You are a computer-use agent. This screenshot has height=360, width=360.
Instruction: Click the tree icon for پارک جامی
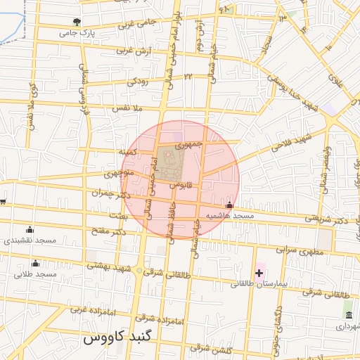(x=77, y=22)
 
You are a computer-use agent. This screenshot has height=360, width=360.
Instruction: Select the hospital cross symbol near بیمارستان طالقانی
(x=259, y=272)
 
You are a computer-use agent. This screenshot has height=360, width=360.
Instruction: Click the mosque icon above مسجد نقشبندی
(x=30, y=229)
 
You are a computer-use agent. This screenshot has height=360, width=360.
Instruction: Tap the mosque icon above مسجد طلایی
(x=35, y=263)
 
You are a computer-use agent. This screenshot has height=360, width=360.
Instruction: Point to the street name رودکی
(x=137, y=82)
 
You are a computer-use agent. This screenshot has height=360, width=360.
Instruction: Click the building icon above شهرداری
(x=347, y=314)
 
